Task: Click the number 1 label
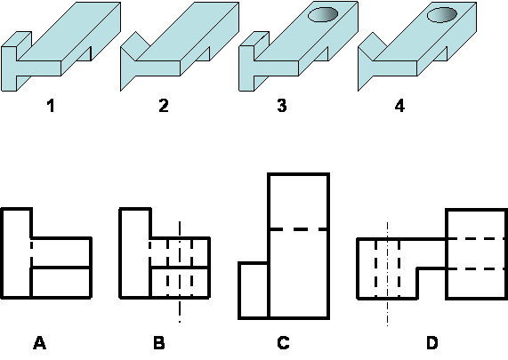51,106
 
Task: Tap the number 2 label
164,106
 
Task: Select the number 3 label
282,106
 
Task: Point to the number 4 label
399,106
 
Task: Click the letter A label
39,343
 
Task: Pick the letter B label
158,343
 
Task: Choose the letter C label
283,343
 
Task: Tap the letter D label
432,343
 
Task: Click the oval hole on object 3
323,14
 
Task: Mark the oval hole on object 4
442,15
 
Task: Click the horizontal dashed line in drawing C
299,229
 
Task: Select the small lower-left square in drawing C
254,291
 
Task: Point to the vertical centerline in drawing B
180,272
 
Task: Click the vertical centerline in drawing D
387,274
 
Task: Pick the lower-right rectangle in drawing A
61,283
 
